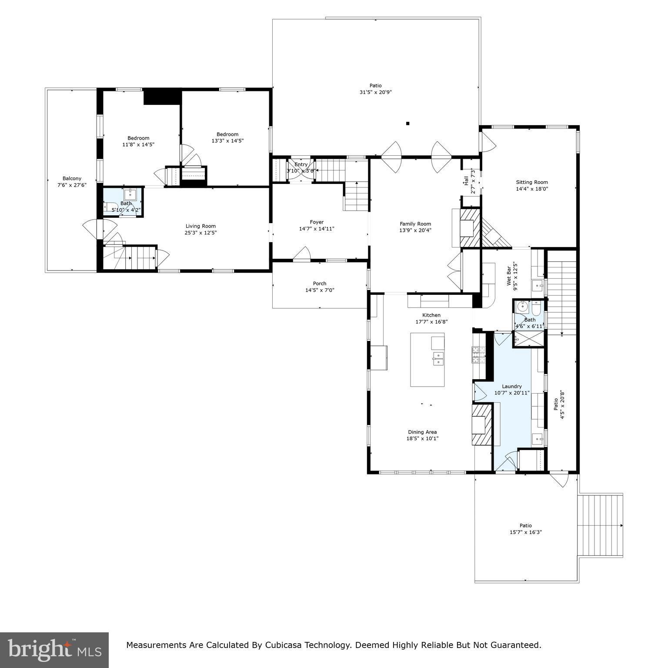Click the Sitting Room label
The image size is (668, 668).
click(531, 182)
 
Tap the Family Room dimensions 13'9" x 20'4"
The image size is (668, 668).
click(415, 230)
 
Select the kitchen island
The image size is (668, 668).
click(427, 360)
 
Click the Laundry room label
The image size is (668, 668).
click(511, 386)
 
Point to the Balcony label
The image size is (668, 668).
click(72, 178)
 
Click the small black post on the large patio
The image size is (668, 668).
click(407, 124)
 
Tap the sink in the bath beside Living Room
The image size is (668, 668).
click(130, 194)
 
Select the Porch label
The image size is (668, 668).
click(319, 284)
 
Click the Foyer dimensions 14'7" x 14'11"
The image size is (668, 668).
click(317, 229)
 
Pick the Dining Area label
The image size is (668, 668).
click(422, 432)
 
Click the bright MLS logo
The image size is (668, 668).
click(54, 650)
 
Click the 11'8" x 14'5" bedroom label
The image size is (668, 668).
click(138, 138)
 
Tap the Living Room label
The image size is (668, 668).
click(200, 226)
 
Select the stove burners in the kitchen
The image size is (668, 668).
click(476, 354)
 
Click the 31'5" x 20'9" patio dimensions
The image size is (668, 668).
click(375, 92)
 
